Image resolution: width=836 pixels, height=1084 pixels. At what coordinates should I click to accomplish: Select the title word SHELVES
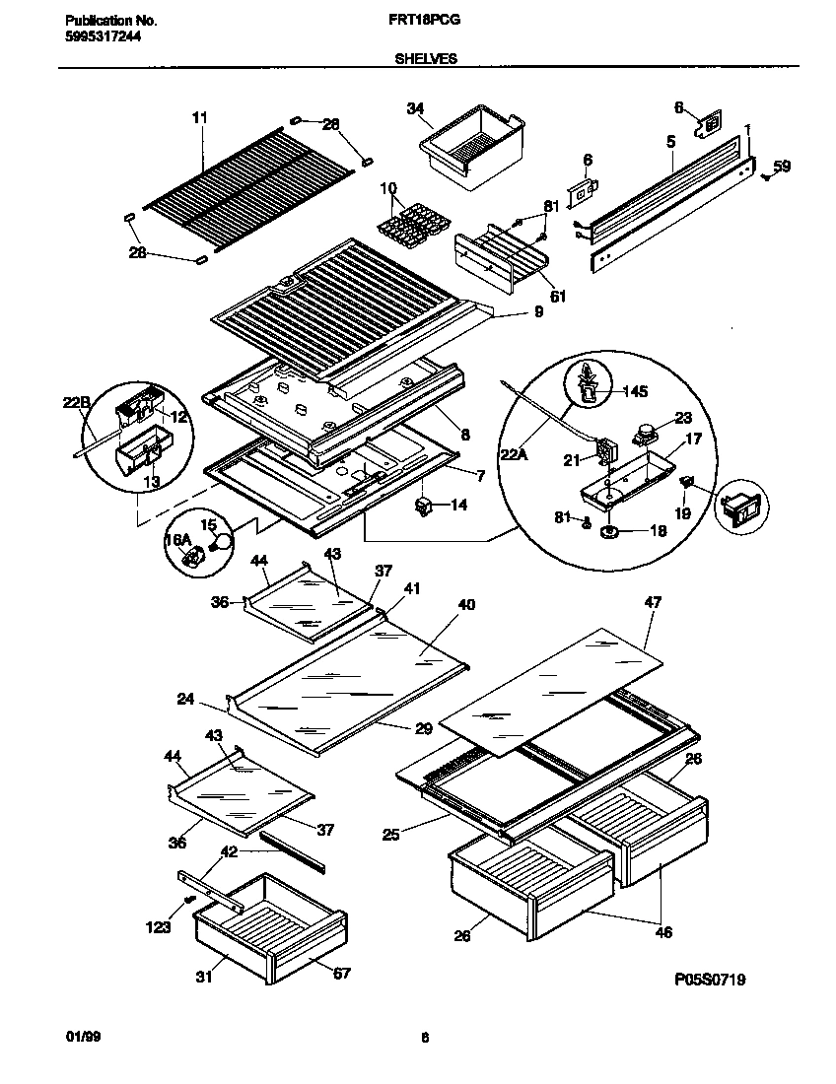pyautogui.click(x=426, y=59)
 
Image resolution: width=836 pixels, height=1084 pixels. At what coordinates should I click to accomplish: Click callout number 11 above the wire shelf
pyautogui.click(x=199, y=118)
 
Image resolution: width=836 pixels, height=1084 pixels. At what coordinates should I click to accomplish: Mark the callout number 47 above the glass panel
pyautogui.click(x=653, y=602)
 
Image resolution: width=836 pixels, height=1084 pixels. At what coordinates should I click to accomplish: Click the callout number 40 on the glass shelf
pyautogui.click(x=466, y=604)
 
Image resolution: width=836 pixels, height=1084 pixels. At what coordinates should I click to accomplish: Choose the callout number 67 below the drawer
pyautogui.click(x=340, y=974)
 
